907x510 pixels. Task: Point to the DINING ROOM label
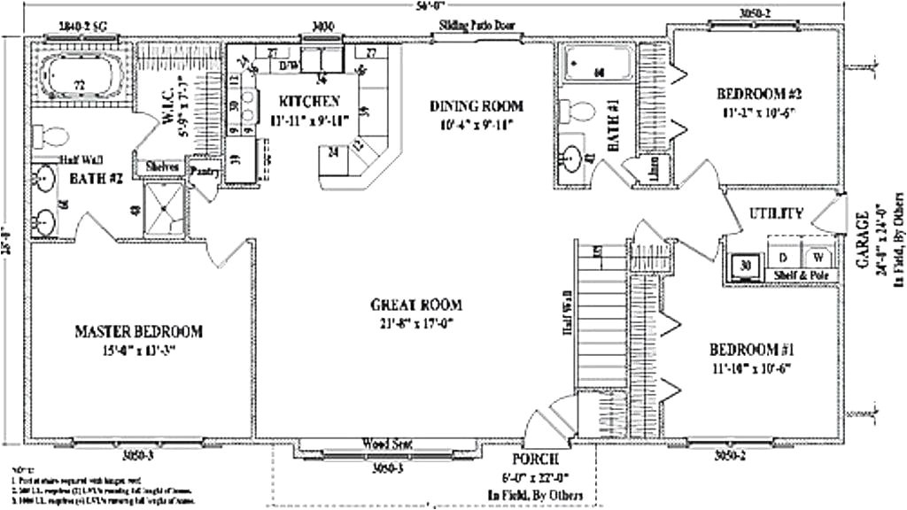[x=477, y=105]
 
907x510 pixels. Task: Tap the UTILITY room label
[x=776, y=212]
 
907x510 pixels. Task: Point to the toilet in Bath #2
[x=50, y=135]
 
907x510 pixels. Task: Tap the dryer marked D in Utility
[x=783, y=257]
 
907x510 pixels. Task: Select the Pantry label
[x=204, y=172]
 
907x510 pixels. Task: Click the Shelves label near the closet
[x=160, y=166]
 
